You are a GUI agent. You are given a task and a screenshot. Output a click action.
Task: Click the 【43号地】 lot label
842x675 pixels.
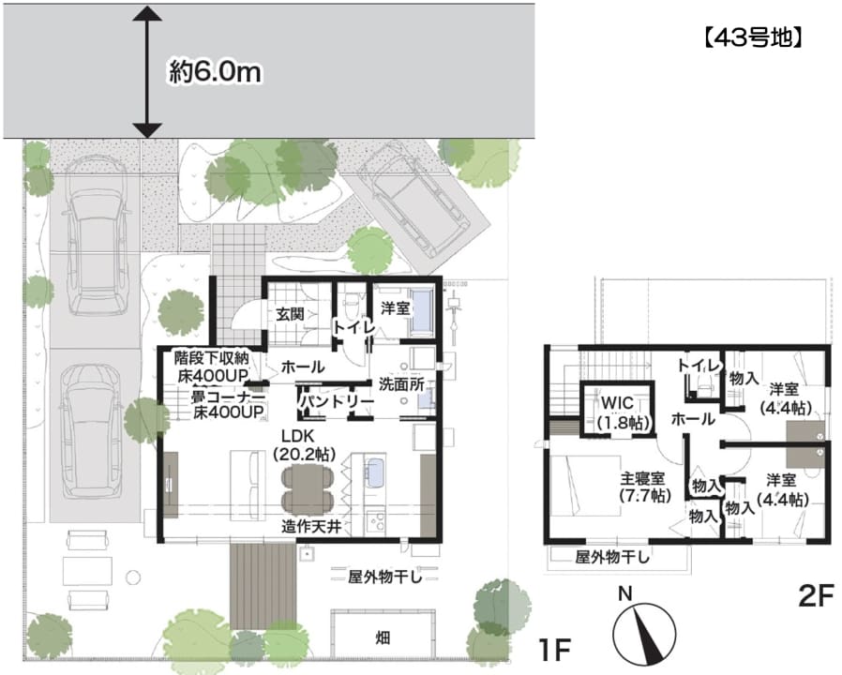[753, 37]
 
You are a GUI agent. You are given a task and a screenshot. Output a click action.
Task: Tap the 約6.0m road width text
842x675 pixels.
[216, 71]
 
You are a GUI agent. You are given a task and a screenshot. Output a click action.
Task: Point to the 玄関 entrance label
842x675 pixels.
[290, 314]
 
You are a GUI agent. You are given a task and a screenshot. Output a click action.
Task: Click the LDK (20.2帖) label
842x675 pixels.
[304, 444]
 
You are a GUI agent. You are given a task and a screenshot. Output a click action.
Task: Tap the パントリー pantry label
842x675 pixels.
[337, 401]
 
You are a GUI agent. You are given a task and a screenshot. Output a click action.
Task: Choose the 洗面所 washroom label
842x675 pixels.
[401, 384]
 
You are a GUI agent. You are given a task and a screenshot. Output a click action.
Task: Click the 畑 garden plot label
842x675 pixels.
[383, 637]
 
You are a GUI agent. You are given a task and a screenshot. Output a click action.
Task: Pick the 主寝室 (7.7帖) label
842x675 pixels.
[645, 486]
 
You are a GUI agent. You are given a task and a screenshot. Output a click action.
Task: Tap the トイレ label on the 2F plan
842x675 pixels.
[698, 366]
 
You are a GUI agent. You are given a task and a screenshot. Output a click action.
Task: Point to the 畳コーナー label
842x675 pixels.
[228, 397]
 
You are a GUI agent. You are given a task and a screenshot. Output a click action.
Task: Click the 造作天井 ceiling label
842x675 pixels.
[311, 526]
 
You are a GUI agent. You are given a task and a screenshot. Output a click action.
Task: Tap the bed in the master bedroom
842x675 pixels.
[585, 486]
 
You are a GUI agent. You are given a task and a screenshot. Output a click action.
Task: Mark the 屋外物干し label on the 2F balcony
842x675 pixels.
[612, 557]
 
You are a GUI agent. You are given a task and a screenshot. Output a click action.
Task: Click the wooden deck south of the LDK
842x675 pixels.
[263, 585]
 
